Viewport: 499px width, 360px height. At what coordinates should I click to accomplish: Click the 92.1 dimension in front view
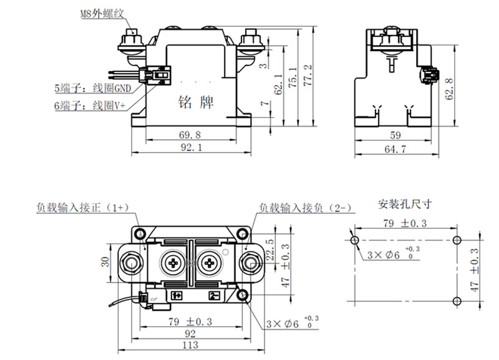(x=191, y=148)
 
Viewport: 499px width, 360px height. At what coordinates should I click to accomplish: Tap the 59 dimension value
(x=395, y=135)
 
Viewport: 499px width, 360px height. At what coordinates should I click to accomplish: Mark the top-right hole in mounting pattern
(x=456, y=240)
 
